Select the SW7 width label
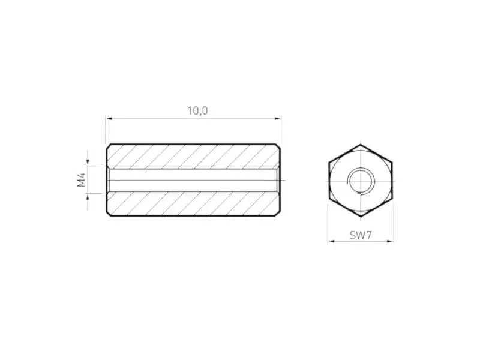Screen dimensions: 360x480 pos(361,235)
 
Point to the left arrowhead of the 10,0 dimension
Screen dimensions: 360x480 pos(109,119)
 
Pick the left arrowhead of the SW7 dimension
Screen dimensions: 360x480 pos(331,241)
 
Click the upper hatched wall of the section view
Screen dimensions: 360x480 pos(192,155)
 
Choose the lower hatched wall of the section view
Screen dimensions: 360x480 pos(192,205)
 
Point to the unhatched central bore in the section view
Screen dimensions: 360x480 pos(192,180)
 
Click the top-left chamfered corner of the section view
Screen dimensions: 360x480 pos(109,146)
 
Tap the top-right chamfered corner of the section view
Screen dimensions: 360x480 pos(278,146)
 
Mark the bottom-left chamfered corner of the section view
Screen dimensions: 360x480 pos(109,214)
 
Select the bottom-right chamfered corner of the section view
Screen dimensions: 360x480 pos(278,214)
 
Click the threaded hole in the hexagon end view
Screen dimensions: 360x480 pos(361,179)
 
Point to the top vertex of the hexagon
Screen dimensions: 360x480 pos(361,144)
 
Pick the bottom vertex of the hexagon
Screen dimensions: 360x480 pos(361,216)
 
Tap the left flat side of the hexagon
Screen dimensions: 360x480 pos(329,180)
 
